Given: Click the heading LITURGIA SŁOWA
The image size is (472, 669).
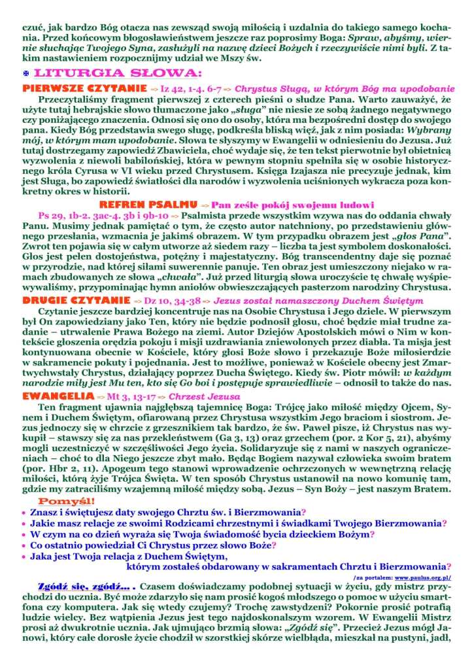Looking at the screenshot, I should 118,73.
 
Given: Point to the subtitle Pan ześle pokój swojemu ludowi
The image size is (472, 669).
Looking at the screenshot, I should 286,205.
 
